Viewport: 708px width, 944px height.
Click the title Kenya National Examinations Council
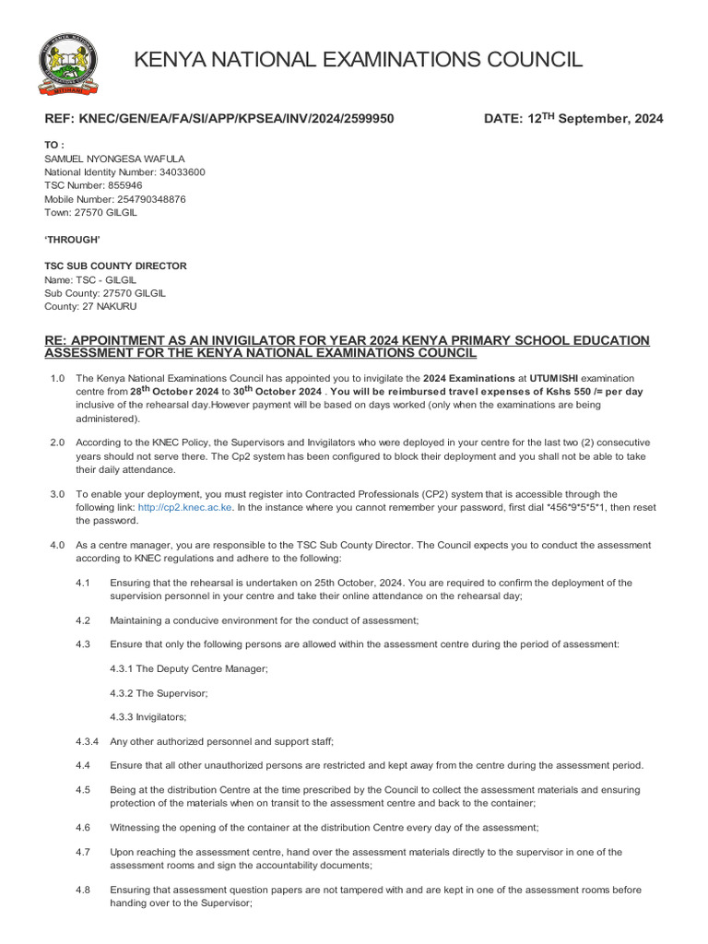click(359, 61)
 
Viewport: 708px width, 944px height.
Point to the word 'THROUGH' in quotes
click(73, 240)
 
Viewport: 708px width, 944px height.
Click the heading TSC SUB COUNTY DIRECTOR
click(115, 265)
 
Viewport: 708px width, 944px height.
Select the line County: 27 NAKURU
click(90, 305)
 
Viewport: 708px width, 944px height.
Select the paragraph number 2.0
click(57, 442)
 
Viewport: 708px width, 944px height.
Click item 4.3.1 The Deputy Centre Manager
click(188, 668)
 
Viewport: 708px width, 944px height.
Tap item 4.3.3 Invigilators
click(147, 716)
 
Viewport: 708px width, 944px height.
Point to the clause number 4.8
click(83, 891)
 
